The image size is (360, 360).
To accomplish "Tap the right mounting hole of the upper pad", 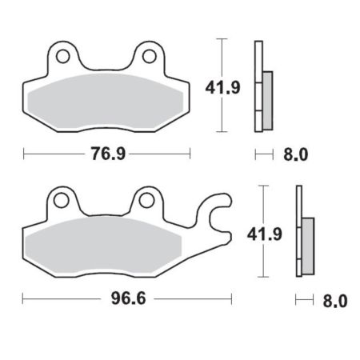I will click(x=149, y=56).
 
